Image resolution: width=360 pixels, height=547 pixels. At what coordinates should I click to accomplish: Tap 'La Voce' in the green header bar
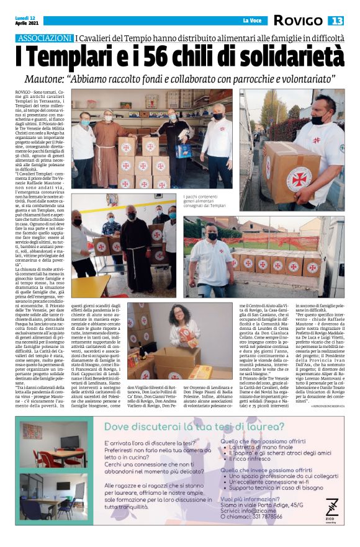click(252, 21)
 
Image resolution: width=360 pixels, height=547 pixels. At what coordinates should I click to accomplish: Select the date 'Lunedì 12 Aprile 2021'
click(27, 20)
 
